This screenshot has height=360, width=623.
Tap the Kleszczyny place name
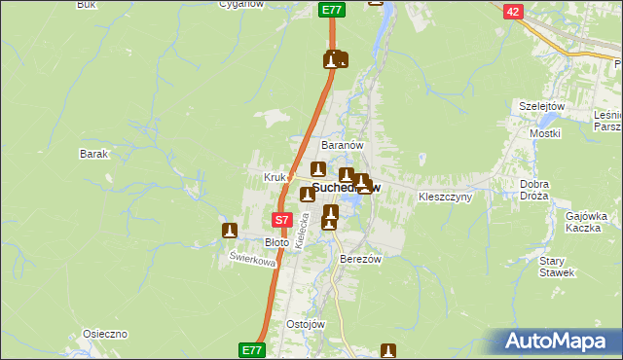[x=445, y=197]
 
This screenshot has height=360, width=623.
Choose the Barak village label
[x=93, y=154]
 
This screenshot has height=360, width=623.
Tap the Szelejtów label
[x=542, y=106]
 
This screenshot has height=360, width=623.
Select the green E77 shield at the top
[x=332, y=10]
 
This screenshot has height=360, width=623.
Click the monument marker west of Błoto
[x=230, y=231]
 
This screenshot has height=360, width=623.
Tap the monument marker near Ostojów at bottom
[x=388, y=350]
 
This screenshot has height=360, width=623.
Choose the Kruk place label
[x=274, y=177]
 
